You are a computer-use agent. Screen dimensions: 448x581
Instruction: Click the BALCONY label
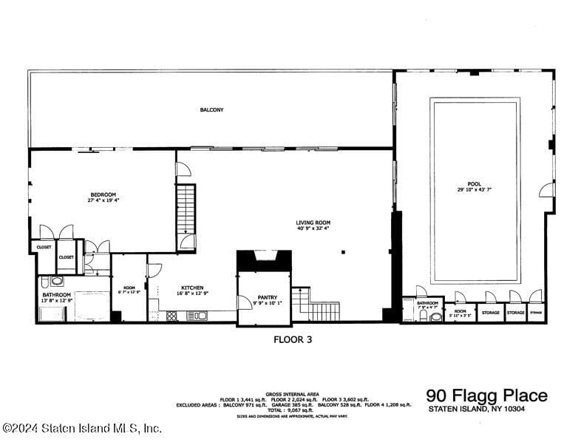tap(211, 110)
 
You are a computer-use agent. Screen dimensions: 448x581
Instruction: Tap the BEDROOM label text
tap(103, 194)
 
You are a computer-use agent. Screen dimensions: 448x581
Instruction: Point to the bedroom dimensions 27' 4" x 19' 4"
tap(103, 200)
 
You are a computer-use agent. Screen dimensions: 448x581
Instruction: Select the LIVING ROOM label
tap(313, 222)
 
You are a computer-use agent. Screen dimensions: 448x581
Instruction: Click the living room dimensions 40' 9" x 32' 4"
tap(313, 228)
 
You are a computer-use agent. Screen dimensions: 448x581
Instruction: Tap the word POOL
tap(475, 183)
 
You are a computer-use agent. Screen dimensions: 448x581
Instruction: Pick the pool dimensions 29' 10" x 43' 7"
tap(475, 189)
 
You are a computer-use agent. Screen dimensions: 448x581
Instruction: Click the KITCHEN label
tap(193, 288)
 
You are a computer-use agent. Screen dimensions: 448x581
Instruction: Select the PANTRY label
tap(267, 296)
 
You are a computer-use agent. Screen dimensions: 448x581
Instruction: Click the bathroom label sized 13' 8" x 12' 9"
tap(56, 295)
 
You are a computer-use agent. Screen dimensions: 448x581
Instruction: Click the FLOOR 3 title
tap(293, 340)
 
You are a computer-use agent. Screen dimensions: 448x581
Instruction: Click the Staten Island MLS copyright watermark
tap(82, 428)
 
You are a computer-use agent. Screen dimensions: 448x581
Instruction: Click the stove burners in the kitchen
tap(172, 316)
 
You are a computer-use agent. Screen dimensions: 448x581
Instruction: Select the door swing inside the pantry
tap(244, 302)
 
